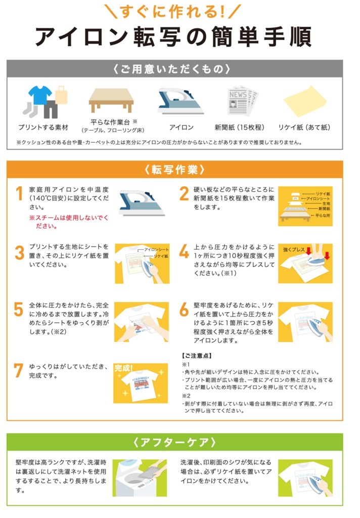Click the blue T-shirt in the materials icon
[x=40, y=95]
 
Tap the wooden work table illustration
[x=111, y=100]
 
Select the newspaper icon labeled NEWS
[x=243, y=101]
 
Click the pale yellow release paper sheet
[x=304, y=101]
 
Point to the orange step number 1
[x=20, y=193]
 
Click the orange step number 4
[x=184, y=251]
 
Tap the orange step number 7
[x=19, y=370]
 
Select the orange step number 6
[x=184, y=309]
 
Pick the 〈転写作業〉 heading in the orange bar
[x=175, y=169]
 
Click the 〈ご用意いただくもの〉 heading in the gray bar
[x=172, y=69]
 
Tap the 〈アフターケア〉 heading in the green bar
[x=175, y=442]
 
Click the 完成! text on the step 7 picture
[x=124, y=368]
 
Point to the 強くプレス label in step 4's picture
[x=294, y=250]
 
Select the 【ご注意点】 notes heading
[x=197, y=356]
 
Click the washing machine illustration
[x=140, y=478]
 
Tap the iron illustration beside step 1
[x=142, y=202]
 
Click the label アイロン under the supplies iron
[x=182, y=127]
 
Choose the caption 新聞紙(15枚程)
[x=240, y=127]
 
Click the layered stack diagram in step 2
[x=305, y=206]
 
